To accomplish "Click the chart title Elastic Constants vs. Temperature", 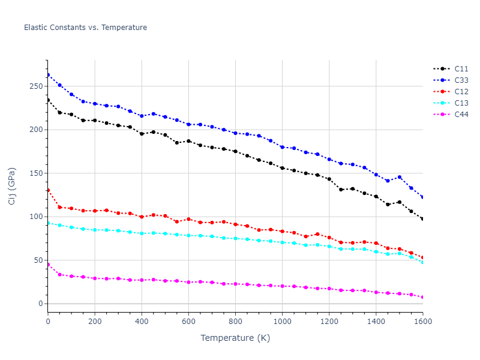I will click(85, 28).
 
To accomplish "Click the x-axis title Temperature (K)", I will click(235, 338).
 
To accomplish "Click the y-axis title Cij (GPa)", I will click(12, 186).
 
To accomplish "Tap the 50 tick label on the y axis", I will click(39, 260).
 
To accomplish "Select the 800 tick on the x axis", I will click(235, 322).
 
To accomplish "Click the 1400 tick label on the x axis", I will click(376, 322).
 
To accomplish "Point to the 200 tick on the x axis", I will click(95, 322).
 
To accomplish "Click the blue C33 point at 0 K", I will click(48, 75).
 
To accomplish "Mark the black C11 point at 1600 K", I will click(422, 219).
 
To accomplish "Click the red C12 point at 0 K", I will click(48, 190).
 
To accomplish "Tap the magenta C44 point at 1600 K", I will click(422, 297).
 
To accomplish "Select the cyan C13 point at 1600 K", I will click(422, 262).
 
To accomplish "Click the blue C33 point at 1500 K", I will click(399, 177).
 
